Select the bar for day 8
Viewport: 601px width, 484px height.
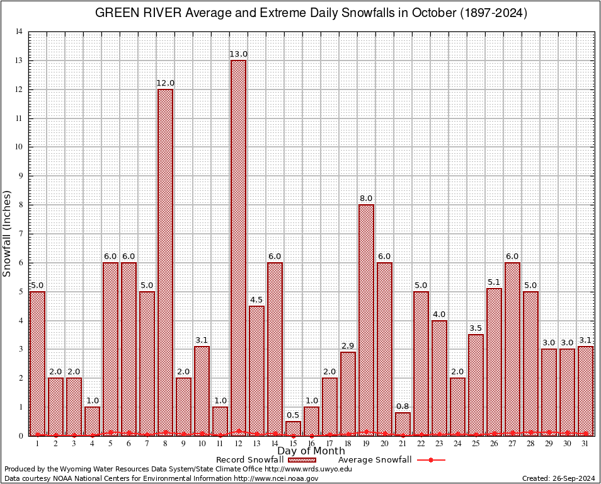click(165, 262)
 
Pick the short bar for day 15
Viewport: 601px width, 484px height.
click(293, 429)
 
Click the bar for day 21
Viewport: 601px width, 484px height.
click(403, 424)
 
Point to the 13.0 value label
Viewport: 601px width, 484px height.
click(238, 54)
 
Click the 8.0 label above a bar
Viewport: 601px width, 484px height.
click(366, 199)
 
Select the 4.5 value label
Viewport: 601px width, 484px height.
click(256, 300)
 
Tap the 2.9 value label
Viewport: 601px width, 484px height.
click(348, 346)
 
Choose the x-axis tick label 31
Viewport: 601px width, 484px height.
click(585, 444)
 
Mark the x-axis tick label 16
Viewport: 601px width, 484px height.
click(311, 444)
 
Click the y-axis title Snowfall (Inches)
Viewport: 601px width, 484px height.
click(8, 233)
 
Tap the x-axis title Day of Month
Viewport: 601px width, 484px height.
click(311, 451)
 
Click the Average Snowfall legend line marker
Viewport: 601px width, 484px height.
click(430, 460)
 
